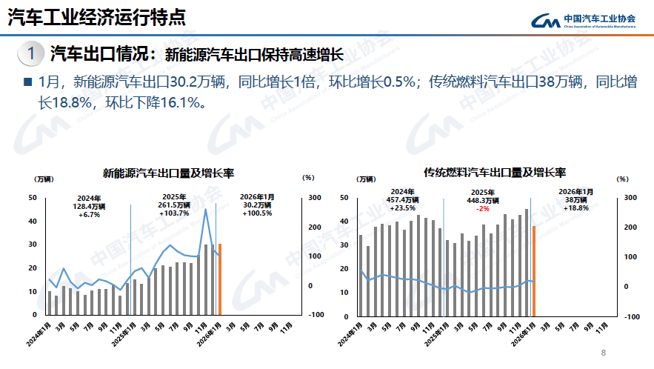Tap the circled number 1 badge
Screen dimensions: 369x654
30,53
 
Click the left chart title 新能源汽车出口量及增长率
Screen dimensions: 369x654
168,173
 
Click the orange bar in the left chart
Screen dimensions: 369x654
220,279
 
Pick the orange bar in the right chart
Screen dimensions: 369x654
534,270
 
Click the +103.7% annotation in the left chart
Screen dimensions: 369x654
174,213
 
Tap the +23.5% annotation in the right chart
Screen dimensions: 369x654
402,208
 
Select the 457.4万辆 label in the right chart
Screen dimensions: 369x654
402,199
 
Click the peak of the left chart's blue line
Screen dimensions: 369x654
206,210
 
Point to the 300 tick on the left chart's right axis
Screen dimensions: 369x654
315,197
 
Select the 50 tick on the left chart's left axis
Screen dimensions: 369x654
32,197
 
